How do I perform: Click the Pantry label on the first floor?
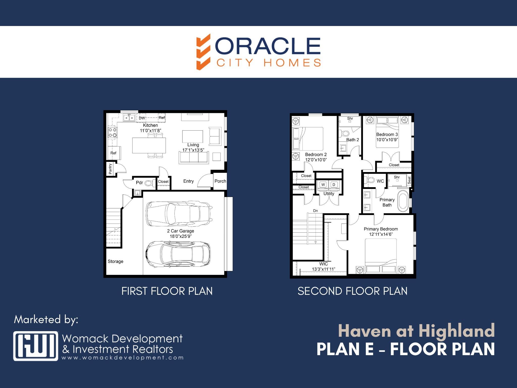coord(110,169)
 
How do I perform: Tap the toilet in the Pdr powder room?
coord(150,183)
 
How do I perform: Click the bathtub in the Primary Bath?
coord(403,201)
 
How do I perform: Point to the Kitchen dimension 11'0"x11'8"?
coord(150,131)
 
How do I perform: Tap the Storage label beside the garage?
coord(116,261)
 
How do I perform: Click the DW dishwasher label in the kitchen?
coord(142,118)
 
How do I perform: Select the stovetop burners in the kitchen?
coord(113,132)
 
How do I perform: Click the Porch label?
coord(220,181)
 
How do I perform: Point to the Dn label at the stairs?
coord(316,211)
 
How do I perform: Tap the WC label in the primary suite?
coord(380,181)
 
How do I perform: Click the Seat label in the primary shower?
coord(409,180)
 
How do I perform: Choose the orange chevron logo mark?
coord(203,52)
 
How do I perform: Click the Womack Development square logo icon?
coord(36,346)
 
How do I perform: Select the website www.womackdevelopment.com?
coord(122,358)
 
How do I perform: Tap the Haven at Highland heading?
coord(416,331)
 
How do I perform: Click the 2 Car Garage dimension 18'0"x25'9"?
coord(181,236)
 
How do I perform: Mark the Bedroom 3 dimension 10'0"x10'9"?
coord(387,140)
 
